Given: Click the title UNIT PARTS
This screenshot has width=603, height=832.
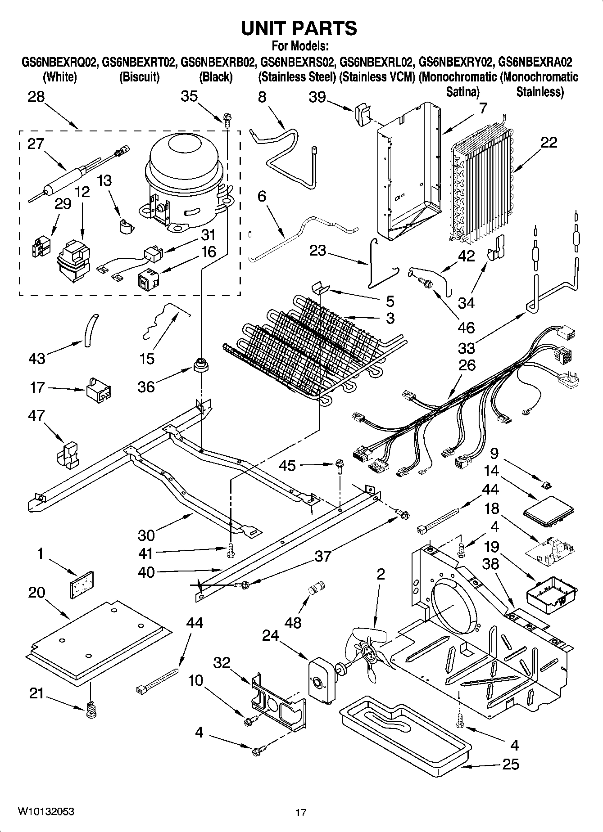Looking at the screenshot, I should coord(299,28).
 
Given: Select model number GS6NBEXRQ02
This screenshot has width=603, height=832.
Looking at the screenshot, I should coord(59,62).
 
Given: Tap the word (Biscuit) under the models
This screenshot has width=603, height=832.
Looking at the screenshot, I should coord(139,77).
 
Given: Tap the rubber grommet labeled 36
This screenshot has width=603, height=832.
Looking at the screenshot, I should coord(201,365).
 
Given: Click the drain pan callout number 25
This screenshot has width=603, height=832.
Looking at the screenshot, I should coord(510,764).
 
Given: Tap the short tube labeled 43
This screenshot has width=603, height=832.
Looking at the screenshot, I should coord(91,330).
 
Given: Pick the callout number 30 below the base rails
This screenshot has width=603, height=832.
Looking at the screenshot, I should coord(146,535).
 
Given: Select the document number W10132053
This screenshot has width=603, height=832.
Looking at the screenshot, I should coord(46,811).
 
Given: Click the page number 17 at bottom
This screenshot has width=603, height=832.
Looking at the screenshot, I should coord(301,813).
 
